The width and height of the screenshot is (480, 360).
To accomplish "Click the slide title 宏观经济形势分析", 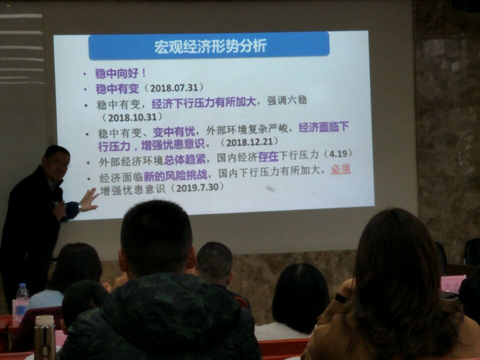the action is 210,46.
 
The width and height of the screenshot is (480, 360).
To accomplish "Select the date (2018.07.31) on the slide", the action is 173,88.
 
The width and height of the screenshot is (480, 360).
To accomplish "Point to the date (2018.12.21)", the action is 249,141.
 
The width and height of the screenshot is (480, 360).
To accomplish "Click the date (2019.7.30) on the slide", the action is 195,187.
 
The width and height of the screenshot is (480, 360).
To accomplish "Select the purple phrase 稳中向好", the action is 116,74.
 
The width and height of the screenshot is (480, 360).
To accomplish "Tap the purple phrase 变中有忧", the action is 174,132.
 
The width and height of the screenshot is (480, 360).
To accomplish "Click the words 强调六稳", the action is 287,100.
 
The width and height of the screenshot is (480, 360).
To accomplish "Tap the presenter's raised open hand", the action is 89,200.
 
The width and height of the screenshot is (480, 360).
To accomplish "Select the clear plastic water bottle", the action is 21,301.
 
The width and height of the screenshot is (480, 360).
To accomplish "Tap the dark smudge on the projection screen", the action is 270,189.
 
